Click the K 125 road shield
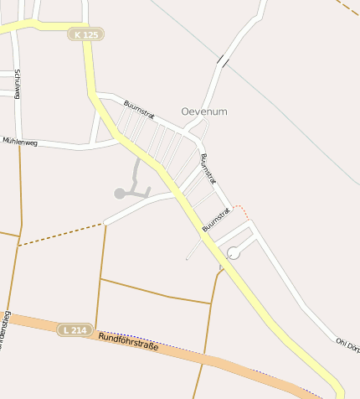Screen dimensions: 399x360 tap(87, 34)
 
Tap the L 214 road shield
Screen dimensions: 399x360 tap(75, 330)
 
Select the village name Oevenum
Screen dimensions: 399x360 tap(204, 111)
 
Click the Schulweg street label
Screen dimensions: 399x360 tap(18, 85)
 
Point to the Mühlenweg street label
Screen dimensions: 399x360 tap(20, 142)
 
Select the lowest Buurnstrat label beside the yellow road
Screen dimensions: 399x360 tap(216, 220)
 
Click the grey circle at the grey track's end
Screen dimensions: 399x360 tap(120, 194)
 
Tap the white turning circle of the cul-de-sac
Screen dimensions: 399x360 tap(234, 252)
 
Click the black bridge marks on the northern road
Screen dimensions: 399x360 tap(223, 60)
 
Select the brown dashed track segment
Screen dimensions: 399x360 tap(59, 236)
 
